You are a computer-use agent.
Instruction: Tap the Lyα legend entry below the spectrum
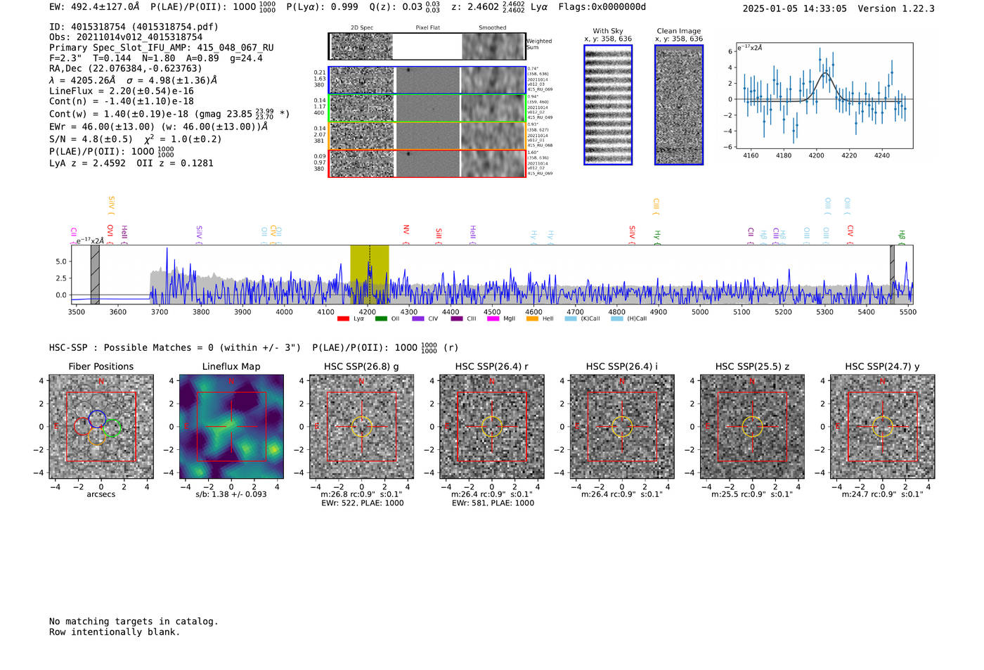coord(351,318)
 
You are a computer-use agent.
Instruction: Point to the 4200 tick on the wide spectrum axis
coord(367,311)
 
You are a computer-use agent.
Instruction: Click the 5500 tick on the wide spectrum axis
coord(907,311)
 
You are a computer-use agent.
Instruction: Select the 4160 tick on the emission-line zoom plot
coord(751,155)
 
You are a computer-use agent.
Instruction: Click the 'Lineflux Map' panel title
coord(231,366)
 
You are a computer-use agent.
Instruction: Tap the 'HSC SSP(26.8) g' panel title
coord(361,366)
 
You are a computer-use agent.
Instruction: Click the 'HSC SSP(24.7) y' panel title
coord(882,366)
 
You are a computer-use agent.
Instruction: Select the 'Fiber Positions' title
coord(101,366)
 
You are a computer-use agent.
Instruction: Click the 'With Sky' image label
coord(608,31)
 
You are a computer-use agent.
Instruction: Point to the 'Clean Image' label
coord(679,31)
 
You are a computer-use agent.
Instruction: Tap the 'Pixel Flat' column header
coord(427,27)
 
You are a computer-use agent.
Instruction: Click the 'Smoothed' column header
coord(492,27)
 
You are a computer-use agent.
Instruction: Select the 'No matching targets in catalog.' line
coord(134,621)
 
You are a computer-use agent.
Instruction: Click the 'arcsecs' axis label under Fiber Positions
coord(101,494)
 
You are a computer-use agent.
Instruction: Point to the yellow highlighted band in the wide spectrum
coord(369,274)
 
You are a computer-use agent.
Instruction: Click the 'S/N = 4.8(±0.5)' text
coord(91,138)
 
